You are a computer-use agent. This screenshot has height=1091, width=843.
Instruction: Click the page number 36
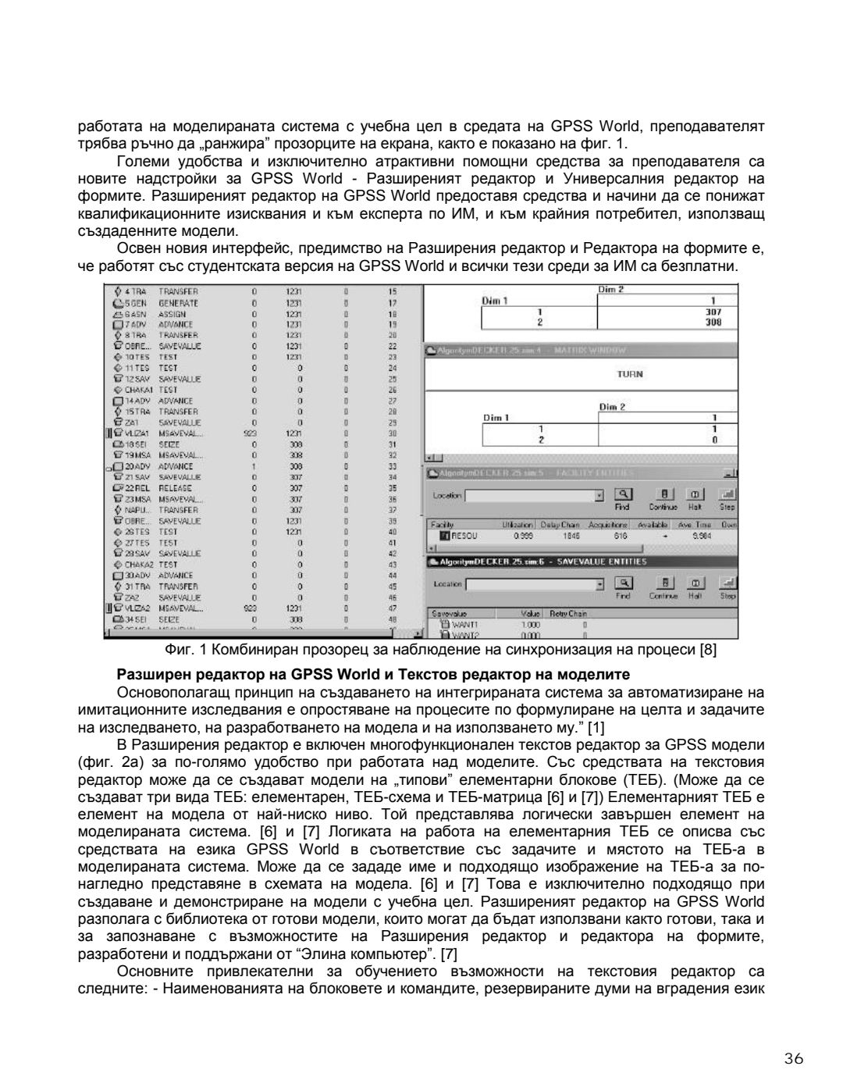point(793,1059)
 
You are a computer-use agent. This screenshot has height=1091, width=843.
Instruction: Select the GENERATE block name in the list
point(178,302)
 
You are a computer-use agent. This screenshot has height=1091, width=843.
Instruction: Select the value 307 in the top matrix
point(711,310)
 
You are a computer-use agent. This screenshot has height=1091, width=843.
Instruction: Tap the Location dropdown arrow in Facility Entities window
point(599,495)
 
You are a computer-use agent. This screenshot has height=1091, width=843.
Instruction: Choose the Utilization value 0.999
point(522,537)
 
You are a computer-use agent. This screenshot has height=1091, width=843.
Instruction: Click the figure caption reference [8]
point(708,650)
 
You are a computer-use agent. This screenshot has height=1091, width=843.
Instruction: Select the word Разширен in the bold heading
point(146,674)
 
